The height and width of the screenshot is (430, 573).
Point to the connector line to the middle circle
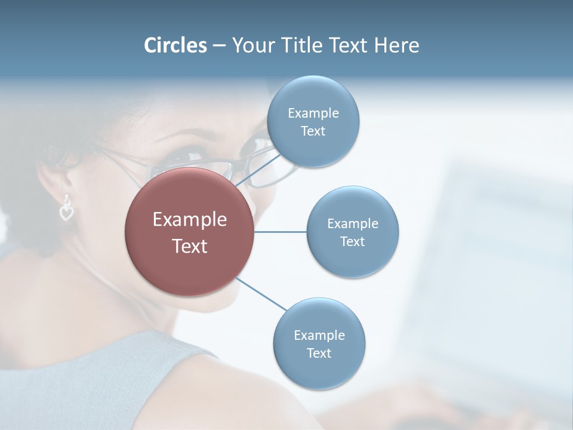(280, 232)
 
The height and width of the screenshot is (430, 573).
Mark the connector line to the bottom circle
(261, 294)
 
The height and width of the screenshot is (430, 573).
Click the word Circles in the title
(175, 45)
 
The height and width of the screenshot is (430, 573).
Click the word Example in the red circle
(190, 220)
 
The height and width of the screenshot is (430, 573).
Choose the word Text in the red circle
(190, 246)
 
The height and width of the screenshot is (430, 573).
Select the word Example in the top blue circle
(313, 113)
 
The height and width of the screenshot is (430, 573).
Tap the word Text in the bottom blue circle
(319, 353)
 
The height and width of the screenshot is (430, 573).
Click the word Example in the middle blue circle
(352, 224)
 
